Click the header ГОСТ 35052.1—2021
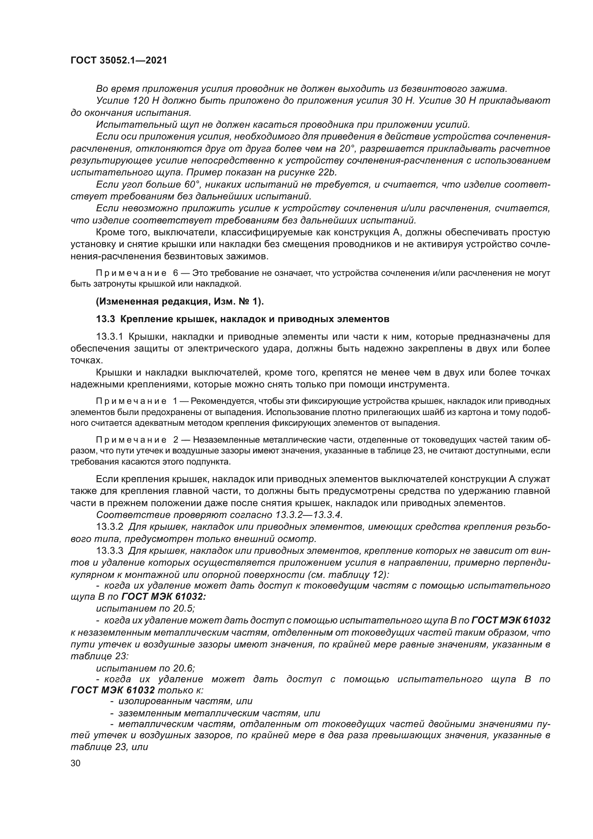(119, 61)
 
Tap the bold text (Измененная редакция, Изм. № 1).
(180, 301)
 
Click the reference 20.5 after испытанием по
(184, 608)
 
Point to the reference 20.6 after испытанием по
(184, 668)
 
